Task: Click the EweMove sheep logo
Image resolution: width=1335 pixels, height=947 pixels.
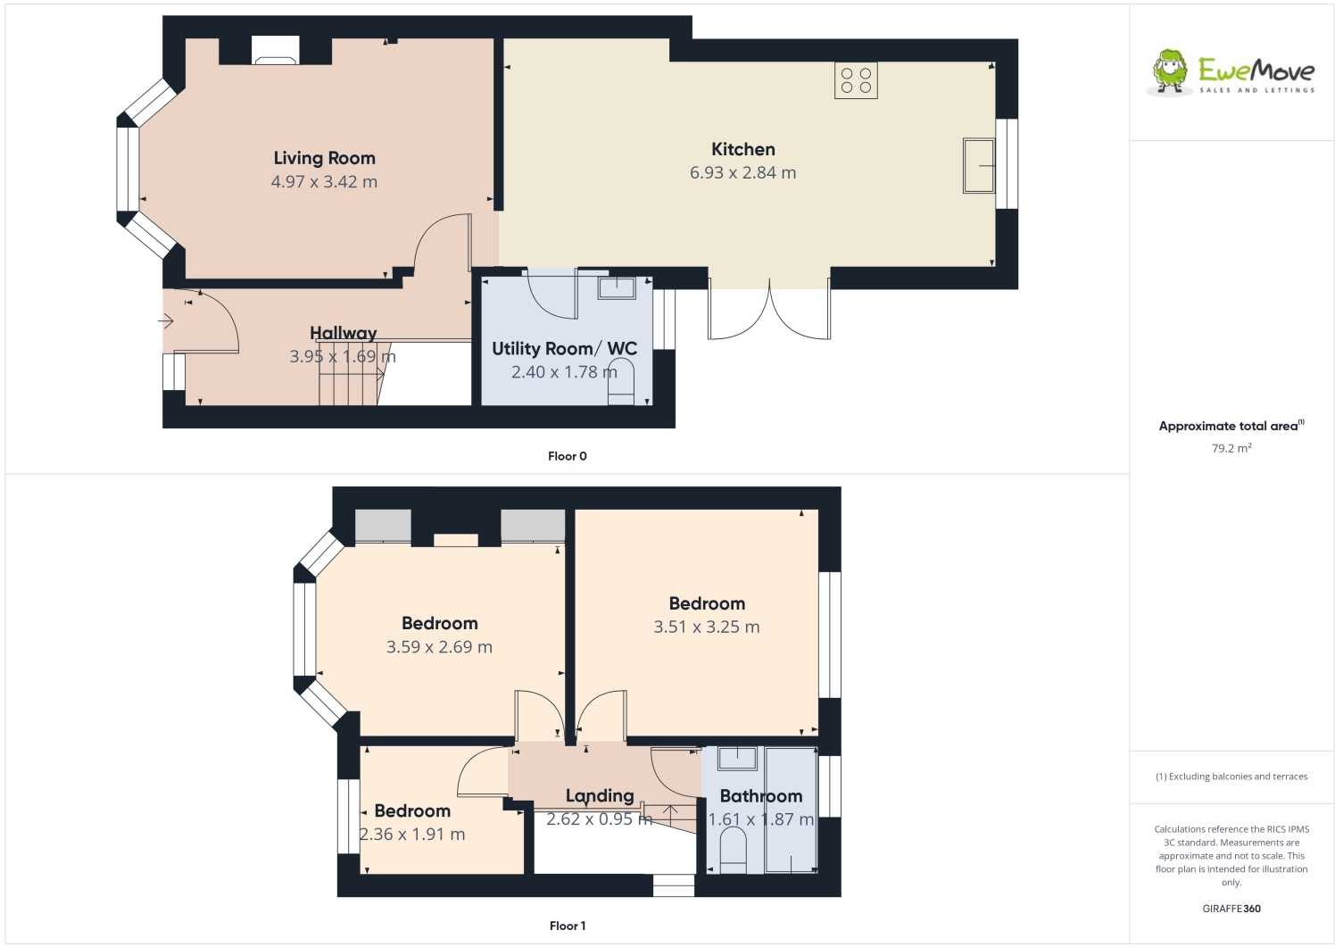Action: click(1170, 71)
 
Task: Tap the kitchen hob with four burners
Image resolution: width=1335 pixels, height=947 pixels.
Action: click(856, 80)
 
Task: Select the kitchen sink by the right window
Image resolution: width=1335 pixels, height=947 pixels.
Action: click(978, 165)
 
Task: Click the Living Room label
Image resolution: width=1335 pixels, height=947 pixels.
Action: click(324, 158)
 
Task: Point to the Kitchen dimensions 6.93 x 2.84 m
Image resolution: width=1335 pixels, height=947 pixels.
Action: click(742, 173)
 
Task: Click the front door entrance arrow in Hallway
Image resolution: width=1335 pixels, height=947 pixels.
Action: click(167, 321)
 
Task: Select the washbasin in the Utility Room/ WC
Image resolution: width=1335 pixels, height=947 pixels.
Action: click(616, 287)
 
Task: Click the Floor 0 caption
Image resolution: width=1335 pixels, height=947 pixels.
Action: click(567, 456)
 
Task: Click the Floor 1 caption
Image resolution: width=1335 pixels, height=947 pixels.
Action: click(567, 926)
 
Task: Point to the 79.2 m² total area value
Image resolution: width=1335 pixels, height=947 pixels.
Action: click(1231, 448)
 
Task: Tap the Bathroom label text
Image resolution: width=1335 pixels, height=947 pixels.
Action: click(760, 796)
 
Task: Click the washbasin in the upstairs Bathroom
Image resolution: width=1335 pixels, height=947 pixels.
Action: click(737, 759)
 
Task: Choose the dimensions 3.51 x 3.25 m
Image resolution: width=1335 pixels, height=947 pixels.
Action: click(706, 627)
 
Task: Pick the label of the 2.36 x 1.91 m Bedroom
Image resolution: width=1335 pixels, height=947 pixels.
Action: click(411, 811)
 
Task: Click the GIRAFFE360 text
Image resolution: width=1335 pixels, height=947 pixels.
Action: click(1231, 909)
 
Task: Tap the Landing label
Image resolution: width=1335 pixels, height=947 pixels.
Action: click(599, 796)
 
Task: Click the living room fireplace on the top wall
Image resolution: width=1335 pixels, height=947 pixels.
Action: click(275, 51)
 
